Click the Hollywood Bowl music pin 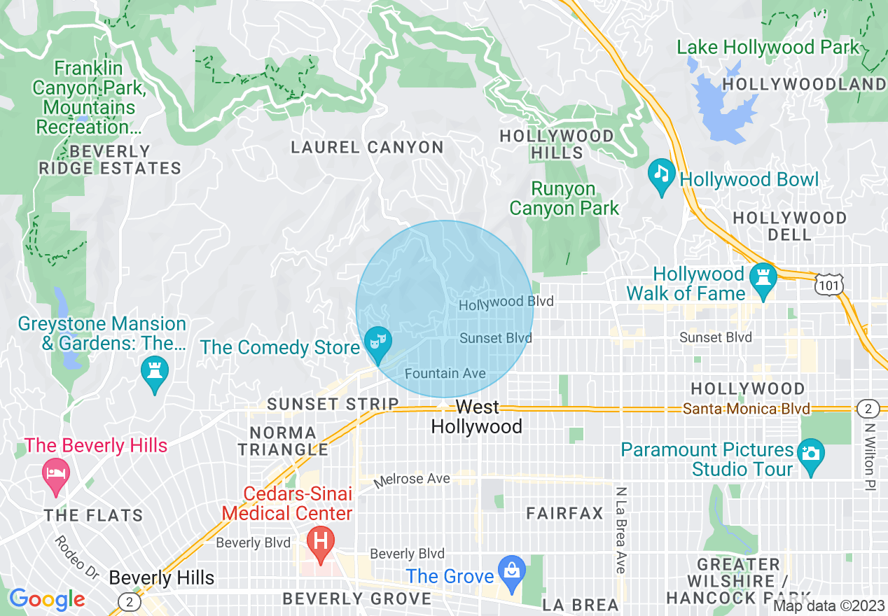pyautogui.click(x=661, y=176)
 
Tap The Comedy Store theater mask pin pyautogui.click(x=378, y=344)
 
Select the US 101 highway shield pyautogui.click(x=830, y=284)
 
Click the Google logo pyautogui.click(x=48, y=599)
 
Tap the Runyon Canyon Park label pyautogui.click(x=564, y=199)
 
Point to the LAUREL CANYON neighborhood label pyautogui.click(x=368, y=147)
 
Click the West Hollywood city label pyautogui.click(x=477, y=417)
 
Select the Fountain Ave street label pyautogui.click(x=445, y=373)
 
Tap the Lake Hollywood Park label pyautogui.click(x=768, y=48)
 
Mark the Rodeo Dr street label pyautogui.click(x=76, y=557)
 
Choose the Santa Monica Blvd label pyautogui.click(x=747, y=409)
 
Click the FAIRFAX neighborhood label pyautogui.click(x=564, y=513)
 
